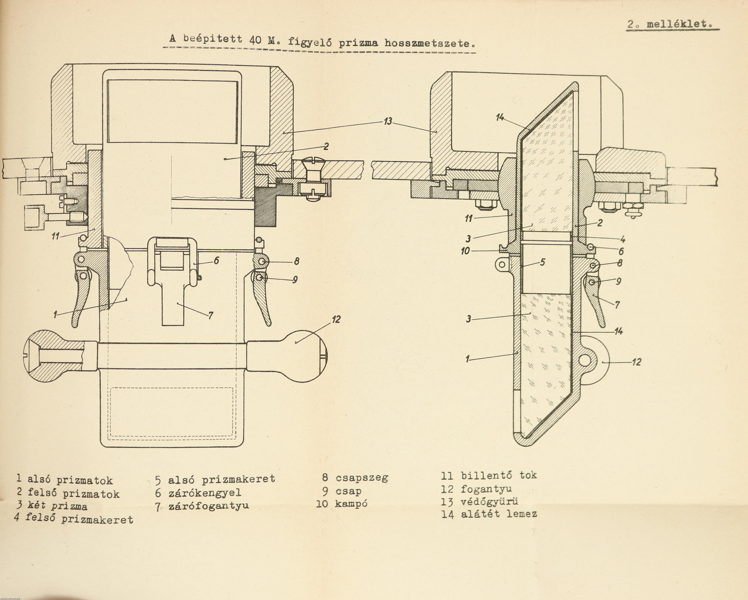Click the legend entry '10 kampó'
[x=342, y=504]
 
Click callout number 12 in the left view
[x=335, y=319]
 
